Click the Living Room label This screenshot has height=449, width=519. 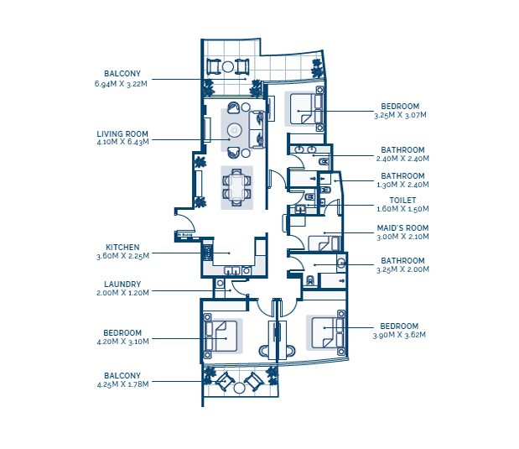tap(122, 134)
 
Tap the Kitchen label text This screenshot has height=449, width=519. tap(122, 248)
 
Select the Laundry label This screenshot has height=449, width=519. tap(122, 284)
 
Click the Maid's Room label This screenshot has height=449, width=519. tap(402, 228)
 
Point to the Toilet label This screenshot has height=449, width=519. tap(402, 201)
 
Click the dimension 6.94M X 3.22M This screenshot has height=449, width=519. tap(121, 83)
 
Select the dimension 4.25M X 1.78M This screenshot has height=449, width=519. tap(122, 384)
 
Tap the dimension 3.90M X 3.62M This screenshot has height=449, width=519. tap(399, 335)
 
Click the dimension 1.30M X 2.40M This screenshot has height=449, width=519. tap(402, 185)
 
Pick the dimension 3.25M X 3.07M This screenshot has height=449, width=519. tap(400, 115)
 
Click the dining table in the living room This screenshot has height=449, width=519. tap(236, 187)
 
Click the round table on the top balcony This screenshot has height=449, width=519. tap(228, 66)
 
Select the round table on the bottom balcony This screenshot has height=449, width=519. tap(239, 388)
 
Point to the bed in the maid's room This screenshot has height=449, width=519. tap(324, 243)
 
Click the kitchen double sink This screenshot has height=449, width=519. tap(232, 270)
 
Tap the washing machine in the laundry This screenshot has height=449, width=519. tap(221, 284)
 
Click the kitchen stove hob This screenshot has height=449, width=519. tap(207, 253)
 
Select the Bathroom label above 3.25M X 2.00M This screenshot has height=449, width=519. tap(402, 260)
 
